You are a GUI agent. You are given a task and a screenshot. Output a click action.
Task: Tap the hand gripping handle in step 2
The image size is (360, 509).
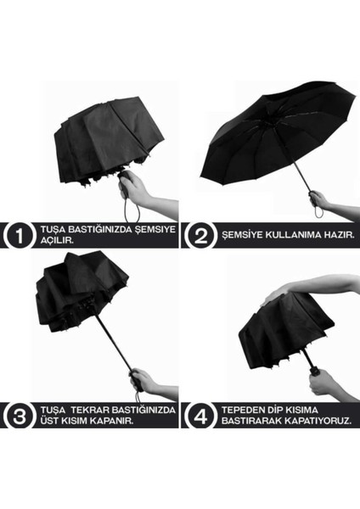tap(319, 200)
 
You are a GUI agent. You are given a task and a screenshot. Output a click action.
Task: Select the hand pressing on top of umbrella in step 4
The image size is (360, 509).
tap(280, 293)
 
